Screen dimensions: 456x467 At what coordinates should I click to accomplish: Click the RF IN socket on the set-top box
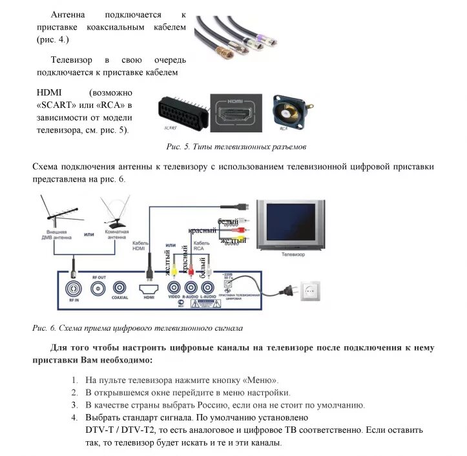74,287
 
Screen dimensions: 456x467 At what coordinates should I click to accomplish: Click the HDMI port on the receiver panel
149,287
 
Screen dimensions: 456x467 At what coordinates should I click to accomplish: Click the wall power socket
312,292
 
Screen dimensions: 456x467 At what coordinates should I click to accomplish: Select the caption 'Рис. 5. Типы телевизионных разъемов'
236,147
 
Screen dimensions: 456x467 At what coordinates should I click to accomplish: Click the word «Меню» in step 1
264,380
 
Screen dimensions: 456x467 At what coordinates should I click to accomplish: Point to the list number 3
75,405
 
